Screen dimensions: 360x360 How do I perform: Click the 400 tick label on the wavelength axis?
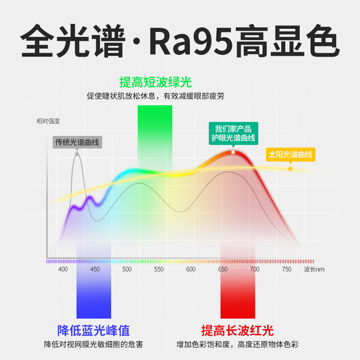click(63, 269)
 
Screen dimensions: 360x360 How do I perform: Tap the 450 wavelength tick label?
click(95, 269)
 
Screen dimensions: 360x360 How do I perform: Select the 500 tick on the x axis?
click(127, 269)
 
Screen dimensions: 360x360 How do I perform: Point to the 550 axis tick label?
click(159, 269)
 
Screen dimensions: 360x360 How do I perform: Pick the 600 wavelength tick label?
click(191, 269)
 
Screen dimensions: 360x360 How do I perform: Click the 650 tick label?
click(223, 269)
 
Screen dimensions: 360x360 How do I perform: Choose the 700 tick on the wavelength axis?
click(255, 269)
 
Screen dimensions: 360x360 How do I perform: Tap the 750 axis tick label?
click(287, 269)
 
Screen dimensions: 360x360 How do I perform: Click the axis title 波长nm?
click(314, 269)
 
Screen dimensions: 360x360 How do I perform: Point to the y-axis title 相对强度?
click(48, 121)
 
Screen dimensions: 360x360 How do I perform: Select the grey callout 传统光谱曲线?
click(77, 142)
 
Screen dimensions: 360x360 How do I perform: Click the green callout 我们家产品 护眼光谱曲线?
click(233, 133)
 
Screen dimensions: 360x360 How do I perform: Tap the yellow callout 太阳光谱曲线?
click(290, 154)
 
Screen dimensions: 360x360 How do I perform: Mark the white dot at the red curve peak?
click(233, 152)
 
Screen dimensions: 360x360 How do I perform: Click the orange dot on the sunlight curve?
click(290, 169)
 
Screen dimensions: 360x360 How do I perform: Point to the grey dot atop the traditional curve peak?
click(77, 154)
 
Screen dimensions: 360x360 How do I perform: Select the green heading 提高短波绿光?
click(155, 82)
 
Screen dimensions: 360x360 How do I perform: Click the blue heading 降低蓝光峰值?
click(94, 331)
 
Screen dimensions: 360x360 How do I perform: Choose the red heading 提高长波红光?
click(237, 331)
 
